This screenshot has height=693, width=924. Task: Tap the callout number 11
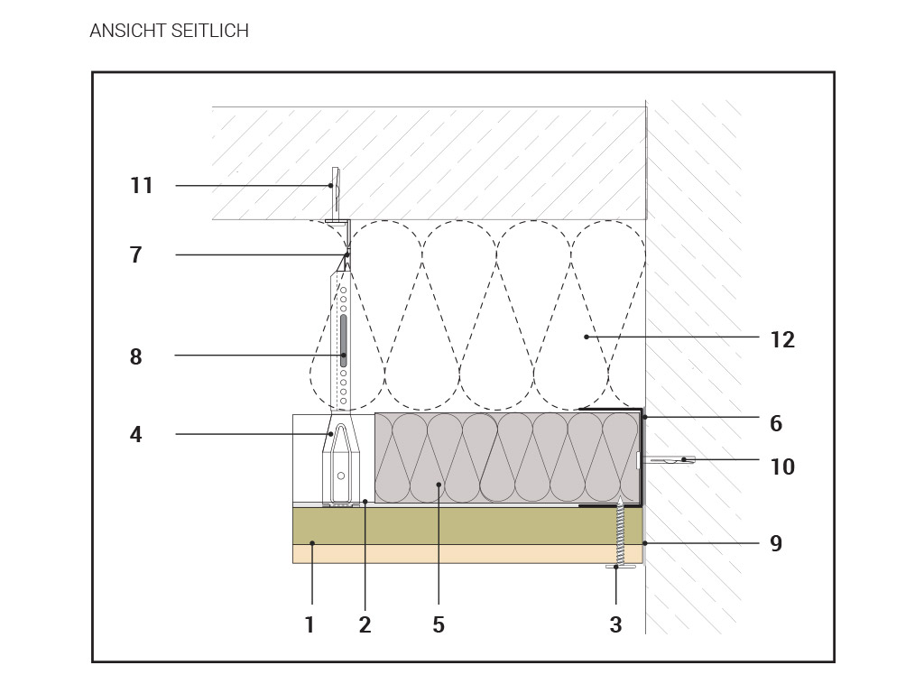(142, 186)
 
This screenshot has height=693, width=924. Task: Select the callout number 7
(136, 255)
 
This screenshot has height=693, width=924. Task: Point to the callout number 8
(136, 356)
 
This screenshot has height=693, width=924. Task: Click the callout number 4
(136, 435)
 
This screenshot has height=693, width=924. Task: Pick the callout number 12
(782, 340)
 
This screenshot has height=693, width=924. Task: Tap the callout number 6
(776, 423)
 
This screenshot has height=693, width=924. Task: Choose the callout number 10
(782, 467)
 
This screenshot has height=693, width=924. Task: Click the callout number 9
(776, 543)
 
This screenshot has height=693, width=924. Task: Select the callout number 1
(310, 624)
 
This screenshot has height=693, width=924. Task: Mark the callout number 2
(365, 624)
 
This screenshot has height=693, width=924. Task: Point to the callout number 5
(439, 624)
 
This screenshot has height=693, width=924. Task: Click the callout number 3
(615, 624)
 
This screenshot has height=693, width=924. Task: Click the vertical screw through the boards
(621, 535)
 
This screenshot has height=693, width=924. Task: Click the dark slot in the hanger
(344, 339)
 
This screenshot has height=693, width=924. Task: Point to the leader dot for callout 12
(587, 337)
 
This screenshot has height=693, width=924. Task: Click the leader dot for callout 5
(439, 485)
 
